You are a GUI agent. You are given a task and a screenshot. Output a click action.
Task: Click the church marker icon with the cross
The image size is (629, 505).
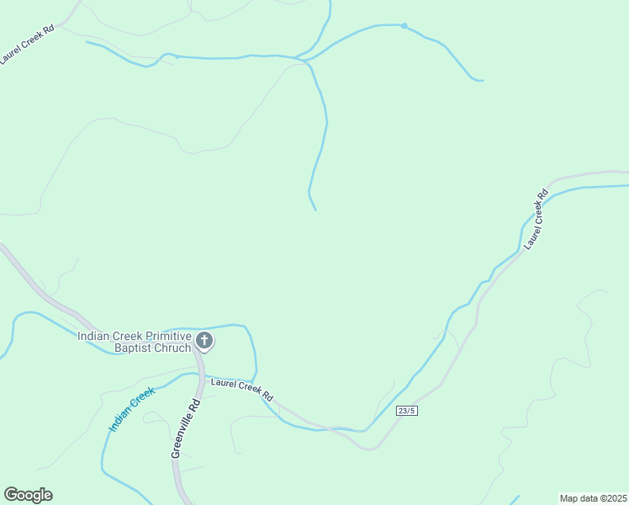coord(203,341)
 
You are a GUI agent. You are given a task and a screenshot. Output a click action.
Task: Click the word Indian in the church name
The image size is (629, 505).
coord(94,336)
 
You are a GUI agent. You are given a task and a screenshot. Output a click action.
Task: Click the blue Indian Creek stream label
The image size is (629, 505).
coord(131,410)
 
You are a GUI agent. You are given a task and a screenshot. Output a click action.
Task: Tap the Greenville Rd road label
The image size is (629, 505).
coord(186,428)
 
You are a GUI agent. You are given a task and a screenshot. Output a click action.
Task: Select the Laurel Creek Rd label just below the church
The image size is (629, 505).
coord(242,389)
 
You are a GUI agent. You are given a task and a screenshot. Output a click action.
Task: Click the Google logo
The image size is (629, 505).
coord(28,495)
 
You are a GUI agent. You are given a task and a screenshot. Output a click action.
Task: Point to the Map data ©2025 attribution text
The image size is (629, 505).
coord(594,498)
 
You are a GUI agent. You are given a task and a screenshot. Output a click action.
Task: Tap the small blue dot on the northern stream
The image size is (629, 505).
coord(404,26)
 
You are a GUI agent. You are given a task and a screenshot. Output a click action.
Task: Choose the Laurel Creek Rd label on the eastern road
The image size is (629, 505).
coord(535,220)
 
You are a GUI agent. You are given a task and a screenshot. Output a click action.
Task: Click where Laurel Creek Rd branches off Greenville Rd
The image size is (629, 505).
coord(200,376)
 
